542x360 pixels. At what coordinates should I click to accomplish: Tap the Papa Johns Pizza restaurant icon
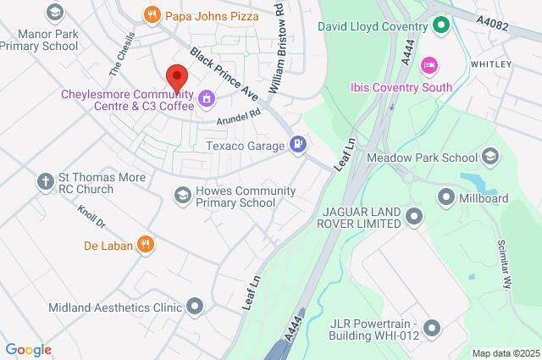(152, 14)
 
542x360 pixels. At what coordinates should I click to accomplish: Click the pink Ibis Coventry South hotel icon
(429, 65)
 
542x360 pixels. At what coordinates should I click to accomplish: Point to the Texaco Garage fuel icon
(297, 146)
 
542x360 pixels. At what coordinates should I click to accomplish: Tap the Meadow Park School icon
(490, 157)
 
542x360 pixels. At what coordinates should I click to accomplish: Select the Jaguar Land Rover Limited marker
(413, 217)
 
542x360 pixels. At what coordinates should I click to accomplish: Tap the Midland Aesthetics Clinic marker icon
(195, 307)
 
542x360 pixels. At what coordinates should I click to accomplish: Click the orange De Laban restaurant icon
(146, 246)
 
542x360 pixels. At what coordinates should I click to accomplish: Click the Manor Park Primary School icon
(56, 14)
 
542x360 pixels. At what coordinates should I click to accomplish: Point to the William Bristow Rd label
(277, 59)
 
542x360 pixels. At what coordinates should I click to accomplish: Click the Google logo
(28, 350)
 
